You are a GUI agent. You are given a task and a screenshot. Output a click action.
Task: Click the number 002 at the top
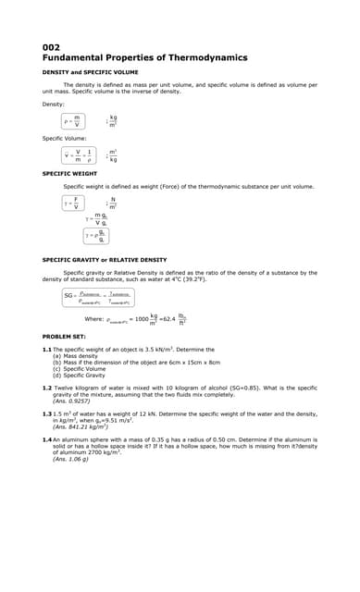point(51,47)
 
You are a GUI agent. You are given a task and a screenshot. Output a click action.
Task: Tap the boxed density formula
point(74,120)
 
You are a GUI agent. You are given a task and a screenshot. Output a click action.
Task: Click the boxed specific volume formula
point(80,155)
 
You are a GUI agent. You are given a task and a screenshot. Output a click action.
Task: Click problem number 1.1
point(46,349)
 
